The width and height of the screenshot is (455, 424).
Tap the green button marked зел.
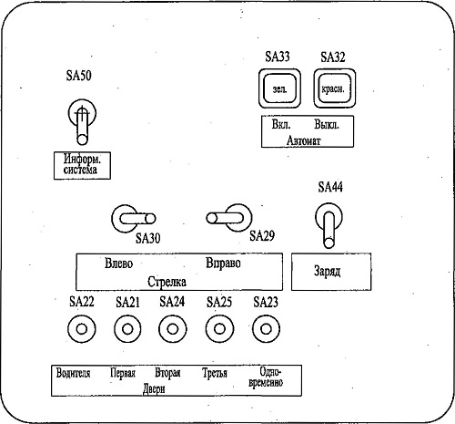click(x=279, y=88)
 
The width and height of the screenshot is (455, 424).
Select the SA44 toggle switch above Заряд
click(x=329, y=225)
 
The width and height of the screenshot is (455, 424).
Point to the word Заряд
click(x=327, y=271)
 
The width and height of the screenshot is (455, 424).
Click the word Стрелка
click(x=167, y=282)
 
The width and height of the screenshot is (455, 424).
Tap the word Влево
click(x=119, y=263)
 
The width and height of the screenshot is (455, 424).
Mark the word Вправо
click(x=223, y=264)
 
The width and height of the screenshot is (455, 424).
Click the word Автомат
click(x=304, y=140)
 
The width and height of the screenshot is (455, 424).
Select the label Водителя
click(x=73, y=373)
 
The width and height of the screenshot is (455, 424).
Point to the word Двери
click(x=154, y=388)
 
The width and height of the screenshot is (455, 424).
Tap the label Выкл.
click(x=327, y=124)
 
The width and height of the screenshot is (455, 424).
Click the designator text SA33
click(x=278, y=57)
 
